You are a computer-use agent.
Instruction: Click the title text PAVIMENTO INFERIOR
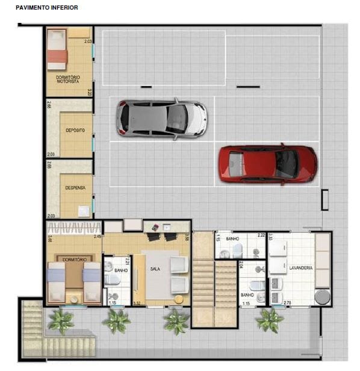pyautogui.click(x=47, y=7)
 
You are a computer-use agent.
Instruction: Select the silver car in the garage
pyautogui.click(x=162, y=118)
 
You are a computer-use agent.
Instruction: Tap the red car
pyautogui.click(x=267, y=163)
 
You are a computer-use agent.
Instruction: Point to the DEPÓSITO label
pyautogui.click(x=75, y=130)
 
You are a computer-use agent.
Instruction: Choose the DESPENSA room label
pyautogui.click(x=75, y=187)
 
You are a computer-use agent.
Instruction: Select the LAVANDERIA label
pyautogui.click(x=300, y=267)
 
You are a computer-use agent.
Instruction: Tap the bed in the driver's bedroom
pyautogui.click(x=57, y=51)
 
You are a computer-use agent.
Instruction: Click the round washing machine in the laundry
pyautogui.click(x=322, y=297)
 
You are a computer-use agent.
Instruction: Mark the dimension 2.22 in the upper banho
pyautogui.click(x=261, y=235)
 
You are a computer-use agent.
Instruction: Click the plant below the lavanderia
pyautogui.click(x=269, y=320)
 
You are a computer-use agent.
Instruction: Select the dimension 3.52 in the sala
pyautogui.click(x=137, y=302)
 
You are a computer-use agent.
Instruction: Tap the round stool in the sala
pyautogui.click(x=178, y=299)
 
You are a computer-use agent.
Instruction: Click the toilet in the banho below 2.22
pyautogui.click(x=237, y=248)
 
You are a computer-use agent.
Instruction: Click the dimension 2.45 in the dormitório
pyautogui.click(x=97, y=237)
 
